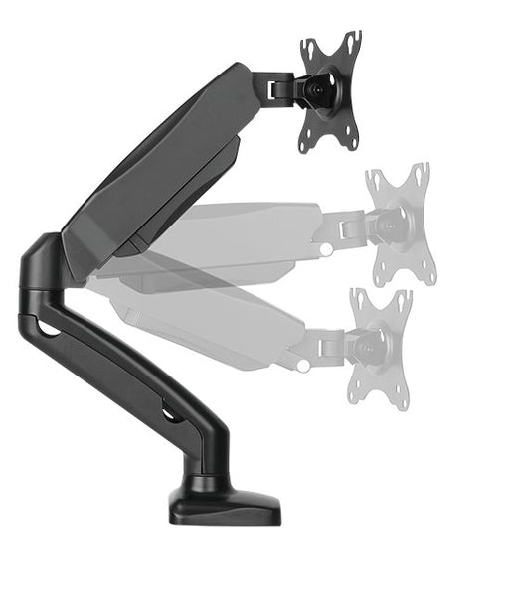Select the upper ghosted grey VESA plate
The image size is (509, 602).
398,225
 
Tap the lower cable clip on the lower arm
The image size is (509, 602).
171,410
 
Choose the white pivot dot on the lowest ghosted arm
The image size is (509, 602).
304,365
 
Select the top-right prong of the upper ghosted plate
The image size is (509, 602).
422,175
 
